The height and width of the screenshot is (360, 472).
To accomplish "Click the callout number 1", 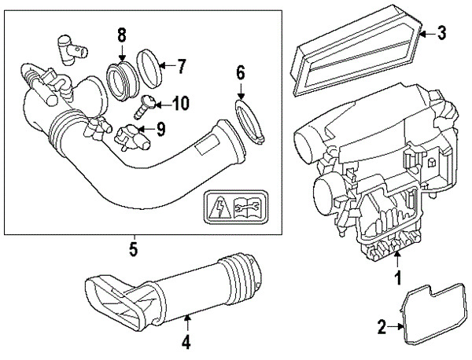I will click(398, 277).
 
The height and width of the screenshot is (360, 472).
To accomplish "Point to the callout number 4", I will click(186, 342).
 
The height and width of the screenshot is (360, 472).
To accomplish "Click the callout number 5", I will click(134, 250).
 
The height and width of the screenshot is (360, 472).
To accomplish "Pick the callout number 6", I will click(241, 75).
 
